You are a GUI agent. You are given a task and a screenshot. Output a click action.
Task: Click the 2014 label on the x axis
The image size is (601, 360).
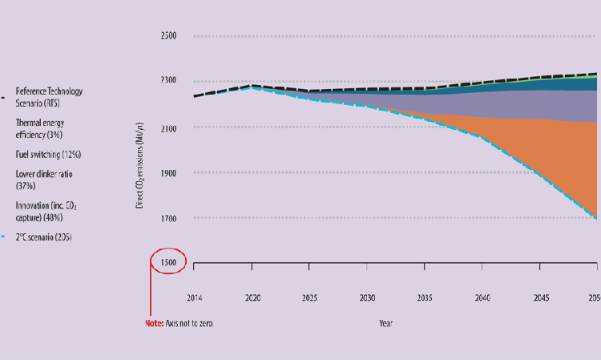coord(194,297)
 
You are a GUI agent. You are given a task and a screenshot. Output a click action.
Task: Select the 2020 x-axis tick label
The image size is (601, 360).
coord(252,297)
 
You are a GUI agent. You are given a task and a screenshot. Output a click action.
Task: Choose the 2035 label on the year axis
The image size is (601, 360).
coord(426,297)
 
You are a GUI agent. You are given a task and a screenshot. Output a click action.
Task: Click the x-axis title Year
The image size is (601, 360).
coord(386,324)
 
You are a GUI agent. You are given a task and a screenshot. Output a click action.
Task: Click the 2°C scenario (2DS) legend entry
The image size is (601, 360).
coord(43,237)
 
